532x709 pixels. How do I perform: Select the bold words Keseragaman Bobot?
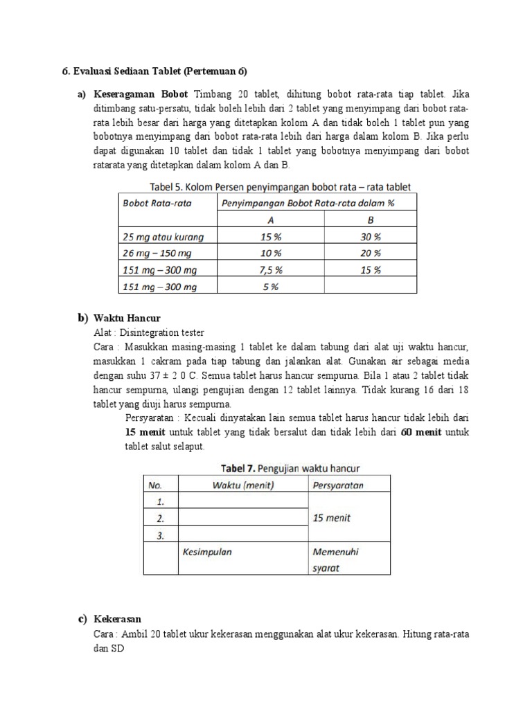(142, 94)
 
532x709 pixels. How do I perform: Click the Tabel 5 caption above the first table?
(280, 187)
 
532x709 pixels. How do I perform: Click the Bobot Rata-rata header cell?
(157, 203)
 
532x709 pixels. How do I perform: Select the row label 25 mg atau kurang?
(163, 237)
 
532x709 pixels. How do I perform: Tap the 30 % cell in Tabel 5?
(371, 237)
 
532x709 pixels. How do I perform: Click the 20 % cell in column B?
(371, 253)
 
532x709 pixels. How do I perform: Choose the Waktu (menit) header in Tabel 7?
(244, 485)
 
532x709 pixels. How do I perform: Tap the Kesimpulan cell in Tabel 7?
(206, 553)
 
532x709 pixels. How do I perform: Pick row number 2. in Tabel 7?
(160, 518)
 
